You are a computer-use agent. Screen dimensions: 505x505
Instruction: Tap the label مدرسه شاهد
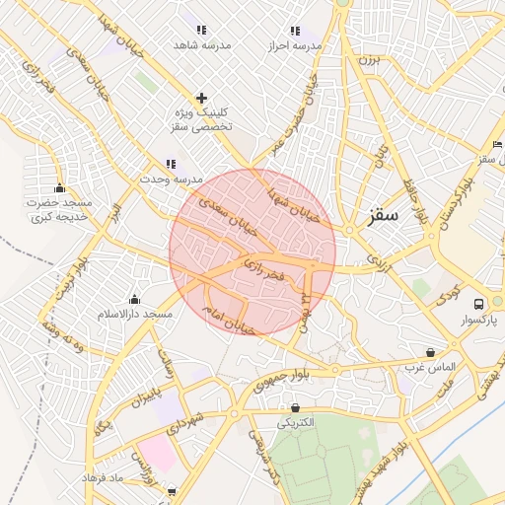click(202, 45)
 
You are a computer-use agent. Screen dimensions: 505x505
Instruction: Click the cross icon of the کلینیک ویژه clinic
click(202, 97)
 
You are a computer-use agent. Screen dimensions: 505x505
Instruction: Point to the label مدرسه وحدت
click(171, 180)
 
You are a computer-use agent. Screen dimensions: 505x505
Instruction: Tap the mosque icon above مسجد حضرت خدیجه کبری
click(59, 187)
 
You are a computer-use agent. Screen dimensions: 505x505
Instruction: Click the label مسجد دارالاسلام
click(135, 313)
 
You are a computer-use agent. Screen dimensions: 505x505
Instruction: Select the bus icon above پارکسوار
click(478, 303)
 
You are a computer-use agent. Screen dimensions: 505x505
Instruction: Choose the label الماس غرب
click(430, 367)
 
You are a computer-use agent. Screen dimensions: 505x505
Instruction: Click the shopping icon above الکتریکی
click(295, 406)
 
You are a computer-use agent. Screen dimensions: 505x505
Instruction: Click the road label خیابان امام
click(229, 318)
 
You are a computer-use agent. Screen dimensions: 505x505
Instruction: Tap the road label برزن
click(368, 60)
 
